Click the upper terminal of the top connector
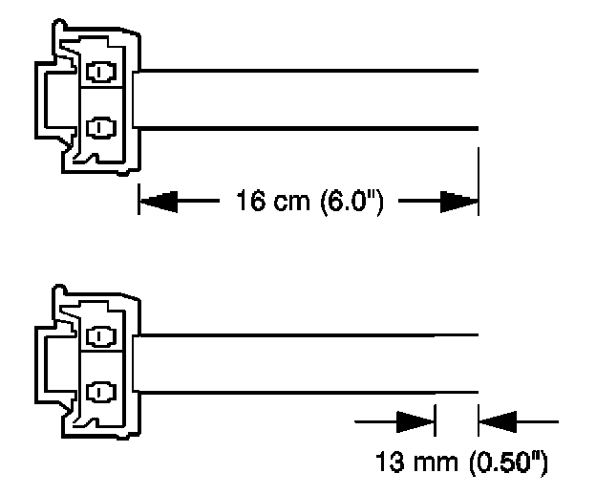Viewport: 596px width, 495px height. [99, 73]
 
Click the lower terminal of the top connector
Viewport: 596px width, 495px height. [99, 125]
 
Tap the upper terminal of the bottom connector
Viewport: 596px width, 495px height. [99, 336]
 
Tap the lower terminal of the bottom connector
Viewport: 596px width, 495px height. [99, 389]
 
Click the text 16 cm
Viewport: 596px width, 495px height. [262, 203]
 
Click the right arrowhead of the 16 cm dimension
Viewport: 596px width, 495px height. [459, 202]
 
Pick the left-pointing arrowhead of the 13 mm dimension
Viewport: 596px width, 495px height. [499, 420]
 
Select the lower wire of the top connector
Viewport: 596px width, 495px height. [306, 127]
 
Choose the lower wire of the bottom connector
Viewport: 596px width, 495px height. [306, 391]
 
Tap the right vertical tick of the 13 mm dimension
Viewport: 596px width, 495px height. [479, 420]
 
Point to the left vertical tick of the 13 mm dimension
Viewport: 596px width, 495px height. [435, 420]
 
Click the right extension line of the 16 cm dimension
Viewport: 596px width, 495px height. [478, 182]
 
